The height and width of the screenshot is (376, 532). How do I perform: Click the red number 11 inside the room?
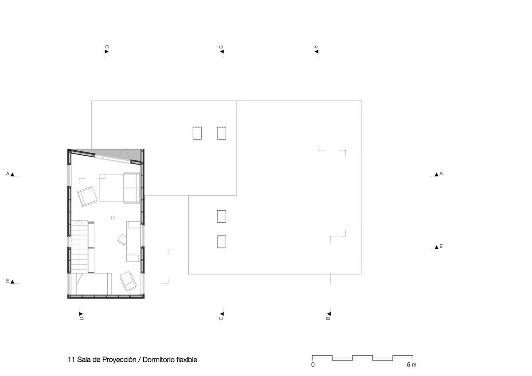(113, 218)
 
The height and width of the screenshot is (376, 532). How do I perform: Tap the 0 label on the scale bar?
(313, 364)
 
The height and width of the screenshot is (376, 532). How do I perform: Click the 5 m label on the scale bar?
(411, 364)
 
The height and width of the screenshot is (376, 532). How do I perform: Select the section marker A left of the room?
(10, 174)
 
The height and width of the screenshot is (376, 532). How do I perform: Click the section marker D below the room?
(81, 316)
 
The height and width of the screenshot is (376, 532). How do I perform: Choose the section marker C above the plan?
(221, 49)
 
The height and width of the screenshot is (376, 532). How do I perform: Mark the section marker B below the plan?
(329, 316)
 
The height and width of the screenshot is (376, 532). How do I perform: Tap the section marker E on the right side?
(438, 247)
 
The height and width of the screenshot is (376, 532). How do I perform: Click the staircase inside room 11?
(79, 247)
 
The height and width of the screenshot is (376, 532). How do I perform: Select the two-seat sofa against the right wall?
(132, 188)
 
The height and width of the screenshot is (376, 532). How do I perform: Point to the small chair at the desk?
(122, 239)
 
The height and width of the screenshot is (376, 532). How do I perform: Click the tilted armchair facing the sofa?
(87, 196)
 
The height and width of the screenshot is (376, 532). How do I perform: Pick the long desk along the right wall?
(133, 241)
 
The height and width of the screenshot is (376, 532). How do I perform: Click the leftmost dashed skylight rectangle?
(197, 133)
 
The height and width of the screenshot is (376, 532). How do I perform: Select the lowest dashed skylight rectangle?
(221, 242)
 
